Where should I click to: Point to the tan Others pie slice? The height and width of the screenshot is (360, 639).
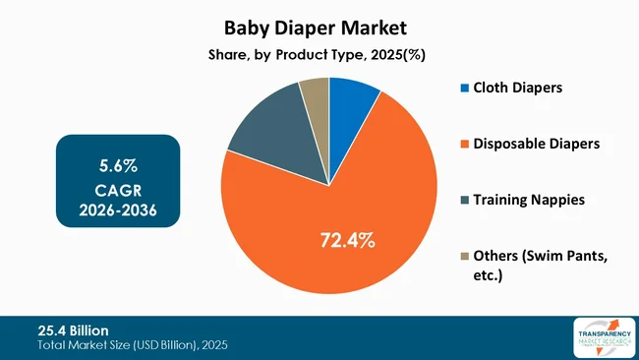(x=316, y=93)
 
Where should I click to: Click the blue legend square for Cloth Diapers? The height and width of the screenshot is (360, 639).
(x=464, y=88)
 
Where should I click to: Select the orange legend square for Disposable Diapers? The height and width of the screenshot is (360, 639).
(x=464, y=144)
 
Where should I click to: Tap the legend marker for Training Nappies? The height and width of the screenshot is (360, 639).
(x=464, y=200)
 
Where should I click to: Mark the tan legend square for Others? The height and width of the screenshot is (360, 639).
(x=464, y=257)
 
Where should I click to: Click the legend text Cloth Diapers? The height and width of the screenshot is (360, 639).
(x=518, y=88)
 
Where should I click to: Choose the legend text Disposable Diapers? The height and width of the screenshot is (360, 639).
(x=537, y=144)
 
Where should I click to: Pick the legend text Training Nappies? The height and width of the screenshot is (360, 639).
(x=529, y=200)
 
